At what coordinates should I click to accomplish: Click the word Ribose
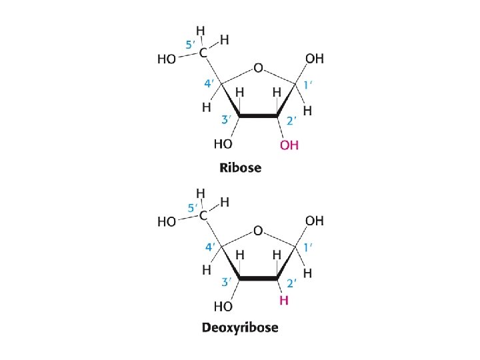pyautogui.click(x=240, y=167)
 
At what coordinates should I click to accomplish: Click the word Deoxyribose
pyautogui.click(x=240, y=327)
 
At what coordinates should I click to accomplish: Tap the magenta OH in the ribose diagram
pyautogui.click(x=289, y=145)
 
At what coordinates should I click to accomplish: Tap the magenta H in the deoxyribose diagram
pyautogui.click(x=284, y=301)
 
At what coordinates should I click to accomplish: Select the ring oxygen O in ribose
pyautogui.click(x=258, y=67)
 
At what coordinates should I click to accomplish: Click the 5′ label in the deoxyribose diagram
pyautogui.click(x=191, y=209)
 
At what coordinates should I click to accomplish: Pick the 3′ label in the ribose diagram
pyautogui.click(x=226, y=120)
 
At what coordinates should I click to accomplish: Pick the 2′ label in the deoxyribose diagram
pyautogui.click(x=291, y=283)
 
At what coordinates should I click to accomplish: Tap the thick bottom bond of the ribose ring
pyautogui.click(x=259, y=115)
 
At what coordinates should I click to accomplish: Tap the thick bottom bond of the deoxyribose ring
pyautogui.click(x=259, y=278)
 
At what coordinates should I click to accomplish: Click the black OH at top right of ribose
pyautogui.click(x=314, y=59)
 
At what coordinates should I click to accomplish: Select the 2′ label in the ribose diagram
pyautogui.click(x=291, y=121)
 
